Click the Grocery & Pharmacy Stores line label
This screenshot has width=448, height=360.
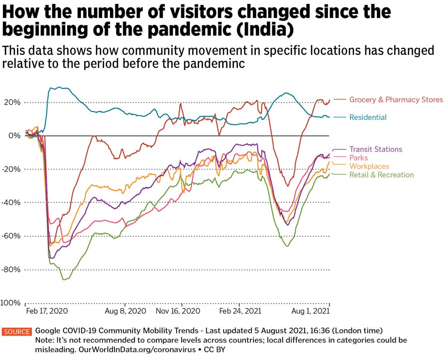pos(396,100)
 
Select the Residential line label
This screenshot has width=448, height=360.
pos(367,118)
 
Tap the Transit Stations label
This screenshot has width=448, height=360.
pos(375,149)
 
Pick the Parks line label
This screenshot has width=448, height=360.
pos(358,158)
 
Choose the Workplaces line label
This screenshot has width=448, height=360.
pos(369,166)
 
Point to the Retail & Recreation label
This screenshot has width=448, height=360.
pos(381,175)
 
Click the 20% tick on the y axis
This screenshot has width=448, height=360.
pos(10,102)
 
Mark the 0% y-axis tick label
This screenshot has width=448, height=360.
pos(13,135)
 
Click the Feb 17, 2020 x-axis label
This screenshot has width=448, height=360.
pos(46,311)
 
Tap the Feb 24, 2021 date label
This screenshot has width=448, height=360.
pos(239,311)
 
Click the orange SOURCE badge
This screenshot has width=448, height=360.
pos(17,332)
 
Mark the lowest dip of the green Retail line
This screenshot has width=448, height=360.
pos(64,280)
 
